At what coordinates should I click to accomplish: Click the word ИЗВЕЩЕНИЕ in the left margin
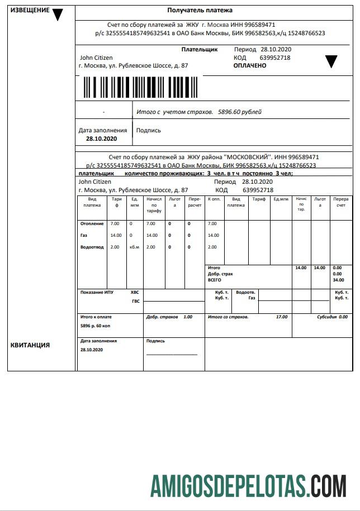pyautogui.click(x=30, y=11)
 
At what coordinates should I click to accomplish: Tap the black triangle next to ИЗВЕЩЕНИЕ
pyautogui.click(x=58, y=15)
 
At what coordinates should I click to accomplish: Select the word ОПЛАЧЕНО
pyautogui.click(x=250, y=65)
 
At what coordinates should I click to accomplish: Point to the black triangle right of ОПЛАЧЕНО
pyautogui.click(x=331, y=61)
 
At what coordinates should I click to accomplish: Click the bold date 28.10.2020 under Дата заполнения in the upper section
pyautogui.click(x=102, y=138)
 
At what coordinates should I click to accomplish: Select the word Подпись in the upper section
pyautogui.click(x=149, y=130)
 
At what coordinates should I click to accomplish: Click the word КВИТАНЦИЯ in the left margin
pyautogui.click(x=30, y=345)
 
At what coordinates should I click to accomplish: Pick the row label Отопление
pyautogui.click(x=92, y=224)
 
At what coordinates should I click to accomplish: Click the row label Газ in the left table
pyautogui.click(x=84, y=236)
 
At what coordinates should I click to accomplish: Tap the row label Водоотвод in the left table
pyautogui.click(x=92, y=247)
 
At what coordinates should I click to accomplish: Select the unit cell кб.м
pyautogui.click(x=134, y=247)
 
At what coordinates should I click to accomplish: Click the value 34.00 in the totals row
pyautogui.click(x=338, y=280)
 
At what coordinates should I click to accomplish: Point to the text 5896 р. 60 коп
pyautogui.click(x=96, y=325)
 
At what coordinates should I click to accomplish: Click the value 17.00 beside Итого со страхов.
pyautogui.click(x=282, y=317)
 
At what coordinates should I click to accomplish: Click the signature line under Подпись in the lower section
pyautogui.click(x=172, y=354)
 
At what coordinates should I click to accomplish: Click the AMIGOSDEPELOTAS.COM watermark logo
pyautogui.click(x=248, y=485)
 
